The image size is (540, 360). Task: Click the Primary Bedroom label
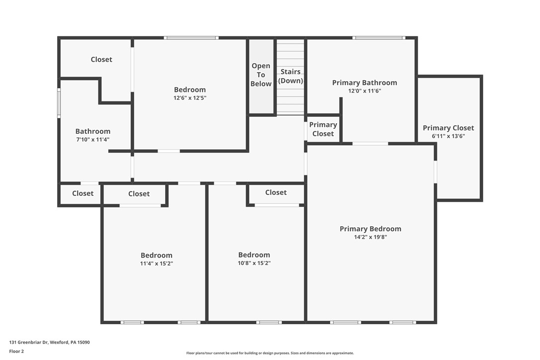[370, 229]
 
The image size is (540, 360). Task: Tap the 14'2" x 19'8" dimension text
[370, 237]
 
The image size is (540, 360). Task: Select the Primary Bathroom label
[364, 83]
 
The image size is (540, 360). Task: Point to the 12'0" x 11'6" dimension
[364, 91]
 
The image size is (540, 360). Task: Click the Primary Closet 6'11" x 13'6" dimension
[448, 136]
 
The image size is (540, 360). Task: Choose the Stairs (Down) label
[290, 76]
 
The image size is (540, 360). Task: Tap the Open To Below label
[261, 75]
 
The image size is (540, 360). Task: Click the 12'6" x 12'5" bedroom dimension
[190, 98]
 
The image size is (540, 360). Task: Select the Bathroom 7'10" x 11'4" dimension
[93, 140]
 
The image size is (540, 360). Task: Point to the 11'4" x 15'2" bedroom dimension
[156, 264]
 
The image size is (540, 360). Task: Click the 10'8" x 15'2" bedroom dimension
[254, 263]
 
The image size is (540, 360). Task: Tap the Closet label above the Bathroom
[101, 59]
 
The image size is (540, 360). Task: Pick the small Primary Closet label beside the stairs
[323, 129]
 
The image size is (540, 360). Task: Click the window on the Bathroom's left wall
[59, 103]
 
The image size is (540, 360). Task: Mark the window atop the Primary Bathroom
[379, 38]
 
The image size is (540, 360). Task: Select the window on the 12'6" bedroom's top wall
[191, 38]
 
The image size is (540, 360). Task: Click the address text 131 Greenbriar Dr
[49, 342]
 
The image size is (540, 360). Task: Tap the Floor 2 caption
[16, 351]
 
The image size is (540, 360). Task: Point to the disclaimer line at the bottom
[270, 353]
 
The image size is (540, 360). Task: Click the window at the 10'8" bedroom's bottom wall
[269, 322]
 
